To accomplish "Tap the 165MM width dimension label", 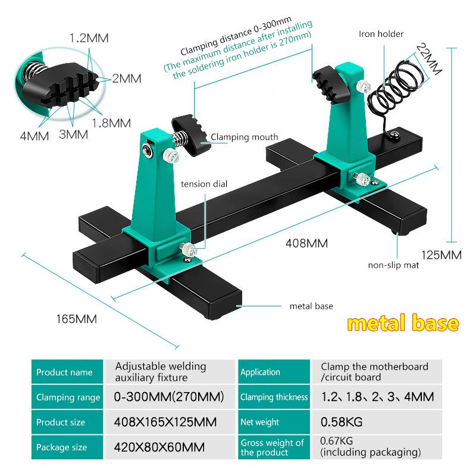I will [76, 319].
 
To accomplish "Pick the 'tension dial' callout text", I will [204, 184].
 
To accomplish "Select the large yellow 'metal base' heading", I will [403, 324].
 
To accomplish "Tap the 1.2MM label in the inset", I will [89, 39].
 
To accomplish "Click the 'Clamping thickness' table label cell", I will [274, 397].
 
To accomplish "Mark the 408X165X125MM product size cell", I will [164, 422].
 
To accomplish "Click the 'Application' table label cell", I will [260, 372].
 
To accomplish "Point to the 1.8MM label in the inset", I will [111, 123].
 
